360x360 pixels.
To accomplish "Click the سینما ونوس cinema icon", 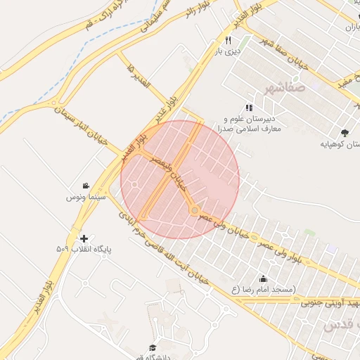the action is (85, 186).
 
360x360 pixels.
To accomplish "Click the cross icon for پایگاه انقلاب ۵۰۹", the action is (84, 238).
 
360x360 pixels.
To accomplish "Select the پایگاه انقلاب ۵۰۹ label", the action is (84, 249).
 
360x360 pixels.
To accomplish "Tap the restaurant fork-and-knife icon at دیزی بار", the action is (228, 40).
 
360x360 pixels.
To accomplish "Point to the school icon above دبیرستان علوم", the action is (248, 107).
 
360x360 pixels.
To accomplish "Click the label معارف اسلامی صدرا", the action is (253, 129).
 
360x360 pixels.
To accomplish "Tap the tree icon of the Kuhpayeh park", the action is (344, 133).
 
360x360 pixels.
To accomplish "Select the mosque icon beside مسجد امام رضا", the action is (264, 278).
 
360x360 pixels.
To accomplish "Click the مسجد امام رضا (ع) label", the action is (264, 290).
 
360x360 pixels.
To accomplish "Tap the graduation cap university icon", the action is (153, 347).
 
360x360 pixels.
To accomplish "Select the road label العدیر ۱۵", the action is (141, 78).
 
